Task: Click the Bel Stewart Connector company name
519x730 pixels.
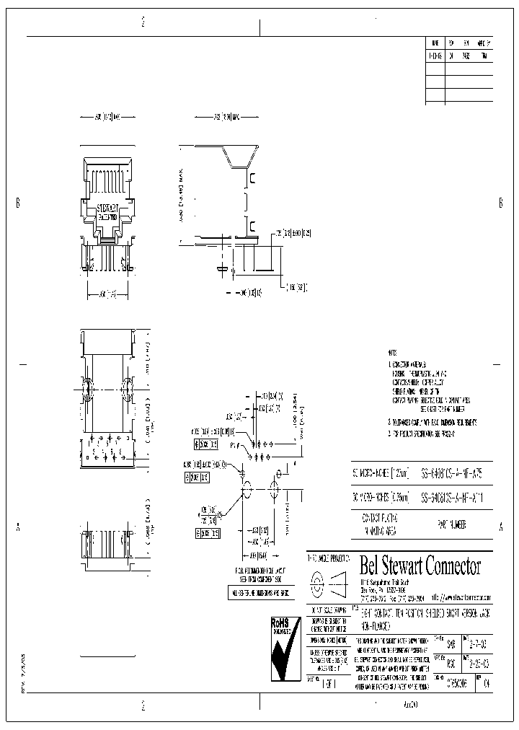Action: pyautogui.click(x=420, y=566)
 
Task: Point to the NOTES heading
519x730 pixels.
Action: pyautogui.click(x=391, y=353)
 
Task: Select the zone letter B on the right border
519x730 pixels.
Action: pyautogui.click(x=500, y=203)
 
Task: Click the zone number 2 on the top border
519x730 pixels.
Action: pyautogui.click(x=143, y=22)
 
